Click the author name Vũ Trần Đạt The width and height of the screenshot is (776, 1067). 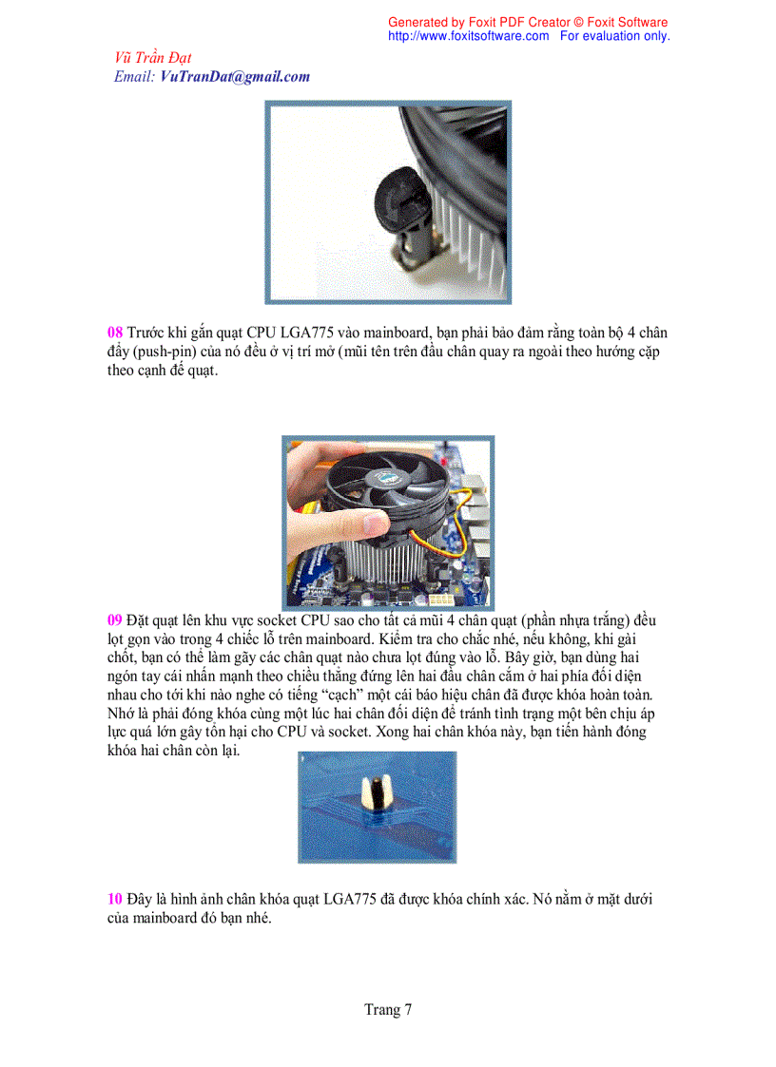(152, 58)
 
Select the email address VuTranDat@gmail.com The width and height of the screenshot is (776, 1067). (235, 77)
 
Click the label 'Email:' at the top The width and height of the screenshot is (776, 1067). (134, 77)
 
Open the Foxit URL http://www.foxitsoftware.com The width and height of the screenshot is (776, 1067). (468, 36)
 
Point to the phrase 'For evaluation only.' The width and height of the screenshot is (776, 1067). (614, 36)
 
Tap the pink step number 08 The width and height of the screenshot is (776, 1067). (114, 333)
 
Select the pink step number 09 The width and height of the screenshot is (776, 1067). (114, 620)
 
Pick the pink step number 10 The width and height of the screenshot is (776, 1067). (114, 899)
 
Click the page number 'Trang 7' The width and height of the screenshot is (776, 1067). (388, 1010)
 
